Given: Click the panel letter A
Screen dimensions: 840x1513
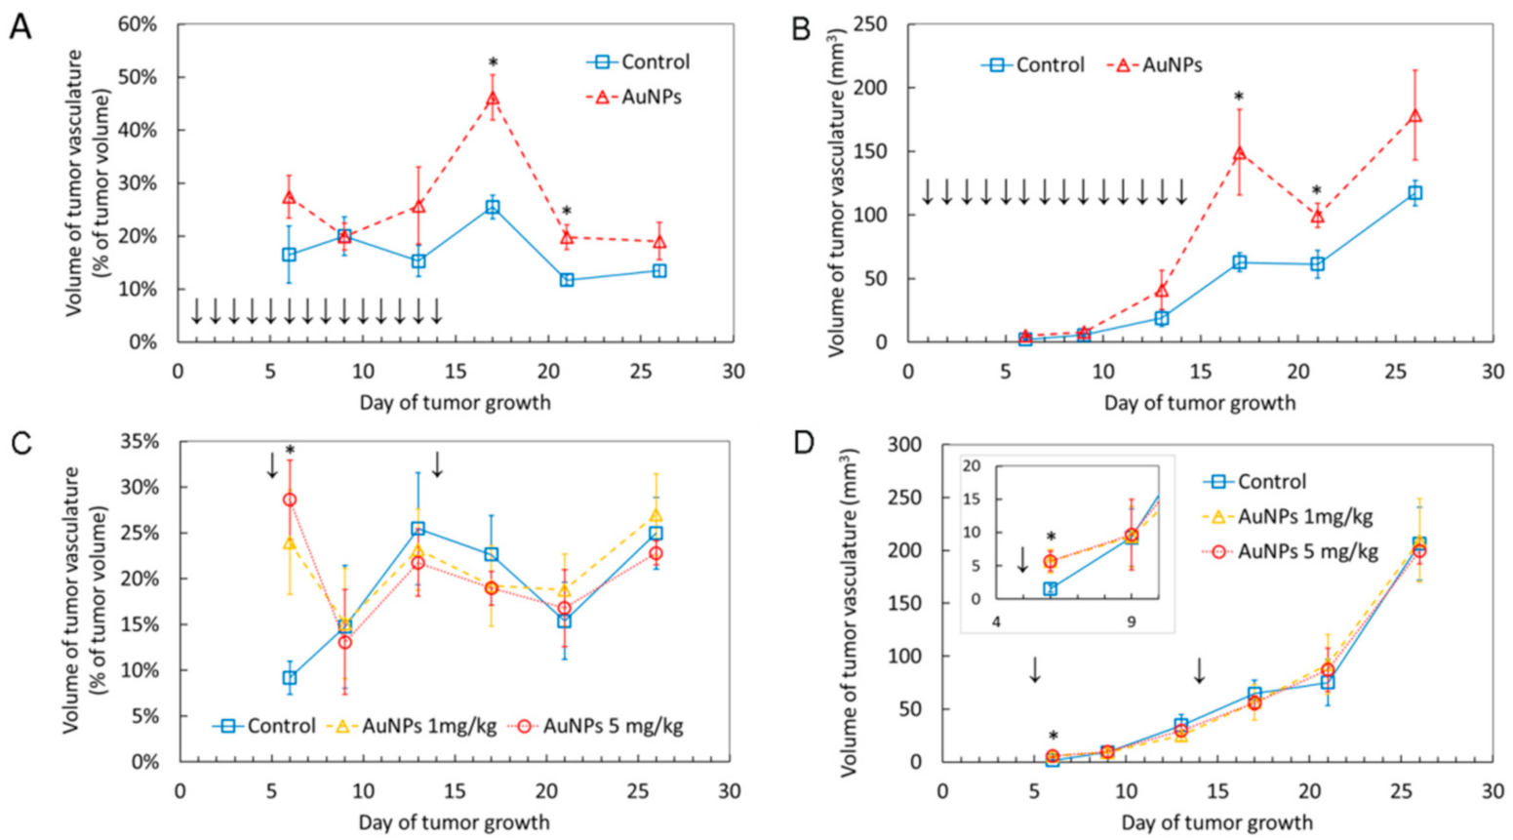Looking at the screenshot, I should pos(20,27).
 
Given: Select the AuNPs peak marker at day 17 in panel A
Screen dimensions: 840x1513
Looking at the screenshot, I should pos(493,99).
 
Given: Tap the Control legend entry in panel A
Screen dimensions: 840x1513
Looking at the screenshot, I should pos(639,61).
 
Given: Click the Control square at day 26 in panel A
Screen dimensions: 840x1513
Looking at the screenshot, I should pos(659,270).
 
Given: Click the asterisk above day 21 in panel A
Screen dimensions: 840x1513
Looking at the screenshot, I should pos(567,213).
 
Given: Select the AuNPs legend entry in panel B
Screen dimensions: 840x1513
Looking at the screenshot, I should pos(1156,65).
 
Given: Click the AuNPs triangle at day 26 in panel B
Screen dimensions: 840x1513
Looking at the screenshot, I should pos(1415,117).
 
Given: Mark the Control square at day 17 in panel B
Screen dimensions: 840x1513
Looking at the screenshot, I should pos(1240,261).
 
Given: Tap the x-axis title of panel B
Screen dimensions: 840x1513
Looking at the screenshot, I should pos(1200,402).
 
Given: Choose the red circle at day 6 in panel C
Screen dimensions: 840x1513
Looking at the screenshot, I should pos(290,500).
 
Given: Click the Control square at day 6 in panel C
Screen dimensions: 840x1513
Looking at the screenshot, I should pos(290,678).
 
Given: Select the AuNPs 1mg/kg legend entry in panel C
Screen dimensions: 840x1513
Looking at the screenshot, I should pos(415,726).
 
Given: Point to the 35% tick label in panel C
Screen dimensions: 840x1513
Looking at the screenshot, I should pos(139,442).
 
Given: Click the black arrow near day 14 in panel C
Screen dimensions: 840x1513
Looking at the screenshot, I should pos(437,464).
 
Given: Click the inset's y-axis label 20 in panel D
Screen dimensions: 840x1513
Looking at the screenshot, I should pos(972,465).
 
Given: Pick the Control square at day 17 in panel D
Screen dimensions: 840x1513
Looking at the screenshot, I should pos(1254,694).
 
